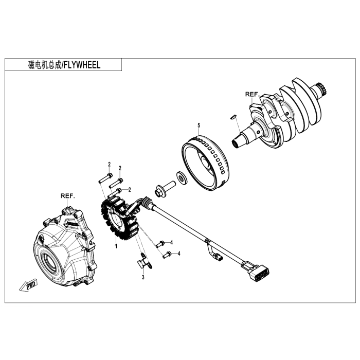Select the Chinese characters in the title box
45,65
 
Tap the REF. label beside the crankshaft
252,95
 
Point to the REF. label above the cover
68,196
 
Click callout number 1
116,246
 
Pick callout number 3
143,277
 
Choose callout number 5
197,125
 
